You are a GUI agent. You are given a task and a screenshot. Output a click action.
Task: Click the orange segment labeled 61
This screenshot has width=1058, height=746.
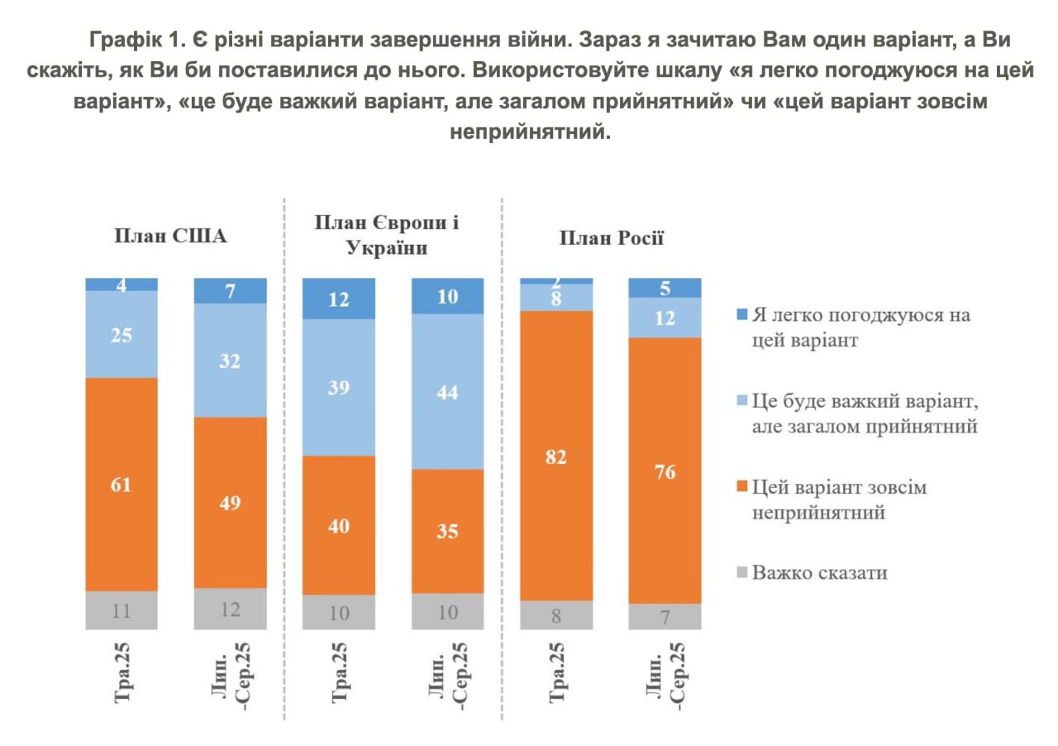(x=122, y=484)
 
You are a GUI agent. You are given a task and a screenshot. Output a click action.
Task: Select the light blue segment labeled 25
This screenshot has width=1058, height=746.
(x=122, y=334)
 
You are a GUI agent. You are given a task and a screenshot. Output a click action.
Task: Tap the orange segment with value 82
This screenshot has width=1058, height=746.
(x=556, y=456)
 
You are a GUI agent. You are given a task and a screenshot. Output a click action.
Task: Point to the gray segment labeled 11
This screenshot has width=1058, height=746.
(x=122, y=610)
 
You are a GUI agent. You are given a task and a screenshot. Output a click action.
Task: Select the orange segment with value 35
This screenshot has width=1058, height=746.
(x=447, y=531)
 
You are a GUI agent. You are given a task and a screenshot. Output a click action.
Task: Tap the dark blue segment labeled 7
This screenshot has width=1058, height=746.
(x=231, y=290)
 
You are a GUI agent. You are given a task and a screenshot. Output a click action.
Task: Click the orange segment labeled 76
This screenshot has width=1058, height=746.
(x=665, y=471)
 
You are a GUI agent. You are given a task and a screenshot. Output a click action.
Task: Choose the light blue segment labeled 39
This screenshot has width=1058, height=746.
(x=339, y=387)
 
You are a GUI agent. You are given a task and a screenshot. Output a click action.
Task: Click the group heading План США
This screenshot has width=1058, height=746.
(x=170, y=237)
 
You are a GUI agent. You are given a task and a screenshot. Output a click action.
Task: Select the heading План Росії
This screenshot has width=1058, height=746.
(x=612, y=239)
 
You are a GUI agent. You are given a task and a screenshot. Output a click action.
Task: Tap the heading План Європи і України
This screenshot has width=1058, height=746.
(x=387, y=236)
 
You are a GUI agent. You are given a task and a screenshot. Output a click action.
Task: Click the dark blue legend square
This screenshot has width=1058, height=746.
(x=741, y=314)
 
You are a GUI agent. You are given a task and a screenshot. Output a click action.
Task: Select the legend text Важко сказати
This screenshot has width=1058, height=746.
(x=819, y=572)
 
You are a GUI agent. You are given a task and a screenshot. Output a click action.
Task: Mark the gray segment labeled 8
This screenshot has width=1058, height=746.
(x=556, y=615)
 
